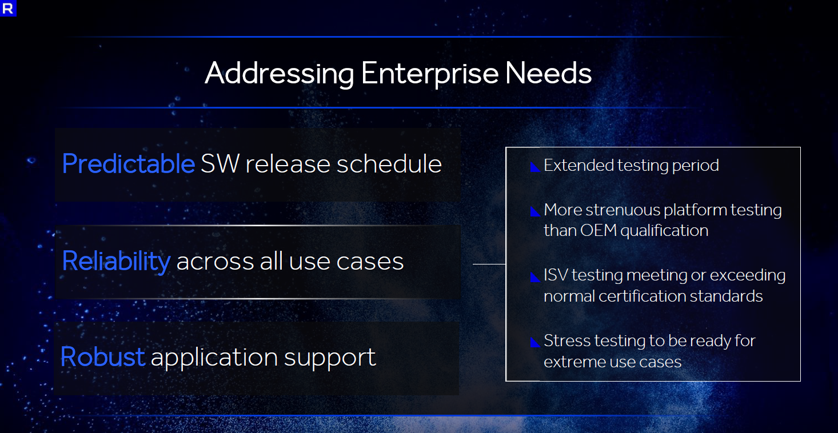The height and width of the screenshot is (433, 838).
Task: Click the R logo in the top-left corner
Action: click(8, 8)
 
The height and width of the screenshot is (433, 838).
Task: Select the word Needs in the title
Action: click(548, 73)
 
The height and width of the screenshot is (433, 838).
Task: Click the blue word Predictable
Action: click(128, 163)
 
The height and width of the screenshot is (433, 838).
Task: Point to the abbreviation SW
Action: click(220, 164)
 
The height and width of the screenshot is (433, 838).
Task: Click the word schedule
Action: click(389, 163)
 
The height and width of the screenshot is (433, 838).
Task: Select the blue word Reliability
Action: click(117, 260)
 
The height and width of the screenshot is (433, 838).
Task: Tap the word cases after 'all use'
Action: click(370, 262)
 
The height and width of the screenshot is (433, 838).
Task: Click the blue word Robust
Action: click(102, 356)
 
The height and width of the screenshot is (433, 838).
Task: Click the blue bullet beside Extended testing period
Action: click(535, 167)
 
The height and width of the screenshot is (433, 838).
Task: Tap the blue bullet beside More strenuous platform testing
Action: click(535, 211)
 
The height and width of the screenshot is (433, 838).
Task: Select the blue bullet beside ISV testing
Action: click(535, 276)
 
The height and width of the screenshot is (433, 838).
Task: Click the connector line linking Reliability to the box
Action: click(489, 264)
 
